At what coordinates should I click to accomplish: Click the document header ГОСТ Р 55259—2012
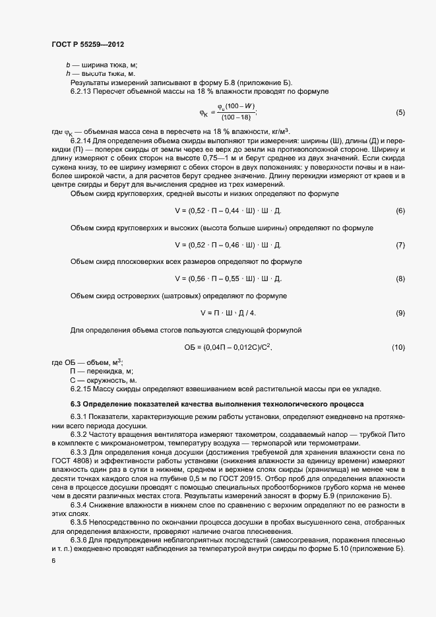88,44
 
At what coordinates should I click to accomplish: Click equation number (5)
400,112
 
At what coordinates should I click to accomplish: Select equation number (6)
400,211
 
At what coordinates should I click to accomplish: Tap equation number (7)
400,245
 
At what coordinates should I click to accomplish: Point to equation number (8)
400,278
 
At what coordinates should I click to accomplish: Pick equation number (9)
400,312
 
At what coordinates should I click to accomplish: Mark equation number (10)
398,346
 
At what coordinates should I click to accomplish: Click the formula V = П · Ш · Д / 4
228,312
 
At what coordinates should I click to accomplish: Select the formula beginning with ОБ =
228,346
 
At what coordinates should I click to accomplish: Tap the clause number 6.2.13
81,91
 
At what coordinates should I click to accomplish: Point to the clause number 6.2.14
81,141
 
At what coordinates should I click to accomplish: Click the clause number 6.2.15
81,389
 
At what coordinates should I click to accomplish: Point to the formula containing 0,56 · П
228,278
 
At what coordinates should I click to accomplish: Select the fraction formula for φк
228,112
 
